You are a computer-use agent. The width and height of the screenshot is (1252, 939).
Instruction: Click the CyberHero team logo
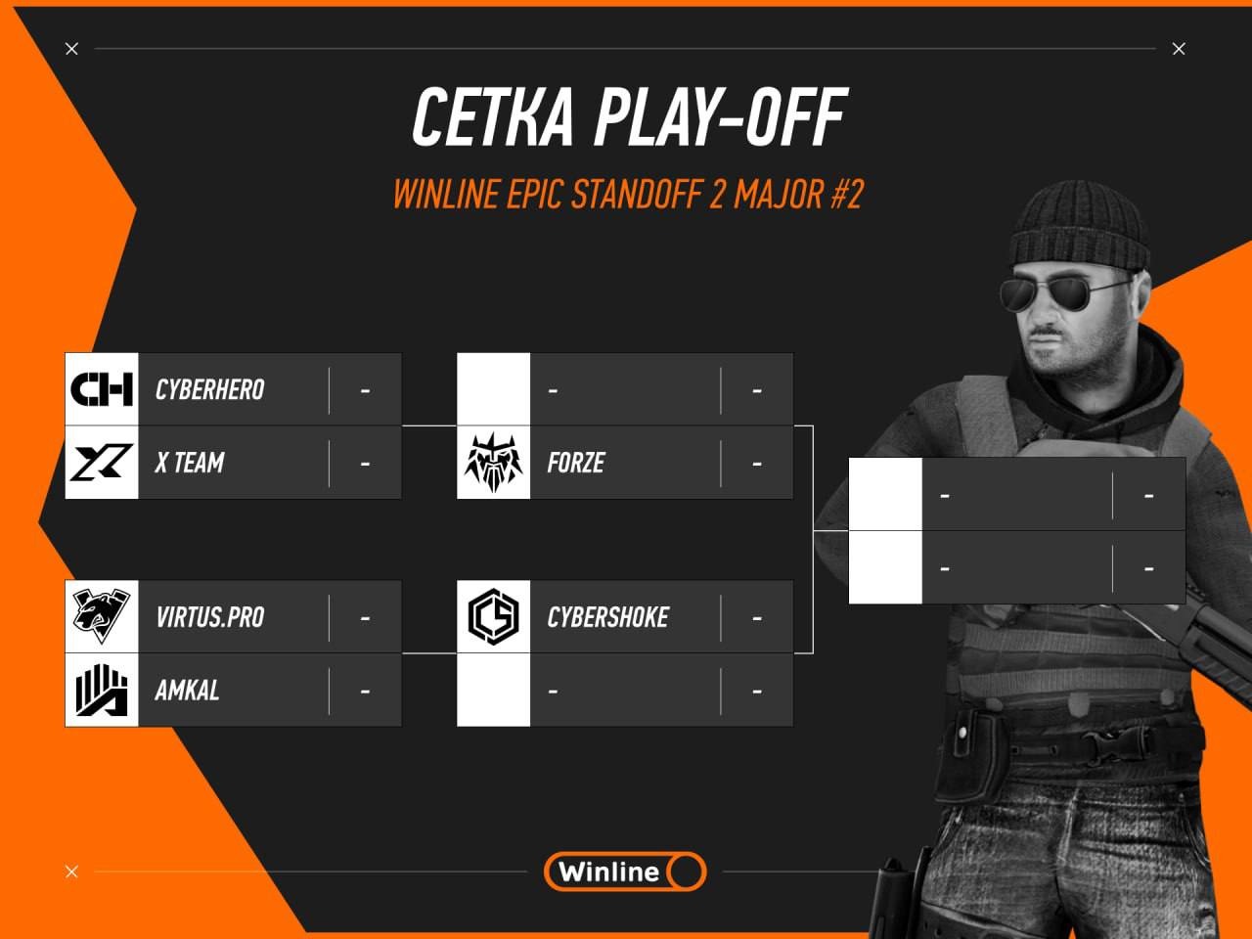[x=102, y=389]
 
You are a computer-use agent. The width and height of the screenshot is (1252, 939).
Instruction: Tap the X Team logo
[x=102, y=462]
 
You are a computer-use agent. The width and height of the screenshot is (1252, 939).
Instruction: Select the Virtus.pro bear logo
[x=102, y=616]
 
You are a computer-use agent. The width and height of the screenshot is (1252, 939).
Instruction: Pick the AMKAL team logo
[x=102, y=690]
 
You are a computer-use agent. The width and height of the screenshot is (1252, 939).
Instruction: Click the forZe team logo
[x=493, y=462]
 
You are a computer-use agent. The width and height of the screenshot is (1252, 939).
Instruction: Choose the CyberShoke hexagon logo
[x=493, y=617]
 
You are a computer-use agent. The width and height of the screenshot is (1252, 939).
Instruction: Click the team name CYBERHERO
[x=210, y=390]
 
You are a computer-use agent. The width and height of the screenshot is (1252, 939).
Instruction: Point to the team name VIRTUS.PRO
[x=210, y=617]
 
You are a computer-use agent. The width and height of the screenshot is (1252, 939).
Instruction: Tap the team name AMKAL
[x=187, y=691]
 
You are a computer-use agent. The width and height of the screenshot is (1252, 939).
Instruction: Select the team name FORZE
[x=575, y=463]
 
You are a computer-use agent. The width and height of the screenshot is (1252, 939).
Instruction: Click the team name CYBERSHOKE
[x=608, y=617]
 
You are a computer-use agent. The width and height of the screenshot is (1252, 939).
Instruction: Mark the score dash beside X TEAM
[x=365, y=464]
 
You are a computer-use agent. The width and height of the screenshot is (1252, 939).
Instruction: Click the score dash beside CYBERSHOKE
[x=757, y=618]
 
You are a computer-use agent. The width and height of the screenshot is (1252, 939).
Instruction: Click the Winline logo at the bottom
[x=625, y=872]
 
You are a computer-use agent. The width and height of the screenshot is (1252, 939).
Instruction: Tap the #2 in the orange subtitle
[x=847, y=194]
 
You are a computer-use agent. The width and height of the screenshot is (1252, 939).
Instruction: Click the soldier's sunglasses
[x=1061, y=291]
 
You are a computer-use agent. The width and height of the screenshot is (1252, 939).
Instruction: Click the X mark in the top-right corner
[x=1179, y=49]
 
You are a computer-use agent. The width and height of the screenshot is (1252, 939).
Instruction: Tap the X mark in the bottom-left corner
[x=71, y=872]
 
